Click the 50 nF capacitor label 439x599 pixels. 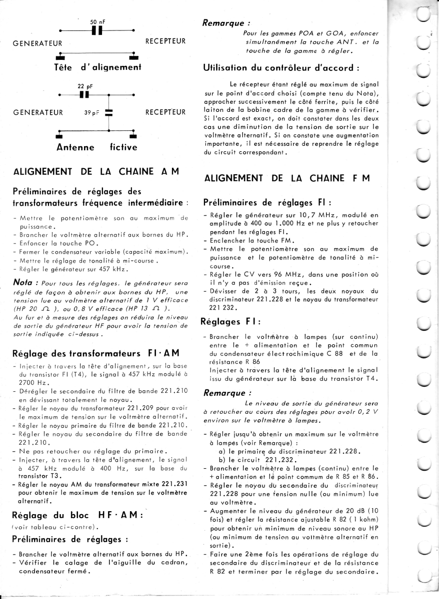(97, 22)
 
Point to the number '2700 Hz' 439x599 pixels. (30, 383)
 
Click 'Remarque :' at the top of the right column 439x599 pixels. (226, 23)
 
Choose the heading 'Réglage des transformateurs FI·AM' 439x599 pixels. (92, 353)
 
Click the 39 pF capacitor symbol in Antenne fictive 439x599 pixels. (109, 112)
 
